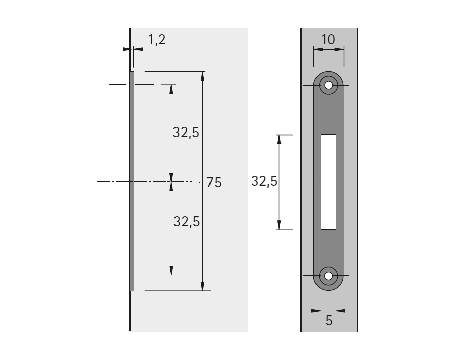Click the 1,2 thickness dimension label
tap(157, 40)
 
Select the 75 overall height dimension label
tap(214, 183)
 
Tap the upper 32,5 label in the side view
tap(186, 133)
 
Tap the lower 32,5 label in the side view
tap(187, 222)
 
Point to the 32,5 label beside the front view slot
tap(264, 181)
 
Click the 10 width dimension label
tap(328, 39)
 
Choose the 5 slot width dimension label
tap(329, 320)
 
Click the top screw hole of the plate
tap(328, 85)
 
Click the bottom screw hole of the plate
tap(328, 276)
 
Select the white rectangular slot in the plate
tap(328, 182)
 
